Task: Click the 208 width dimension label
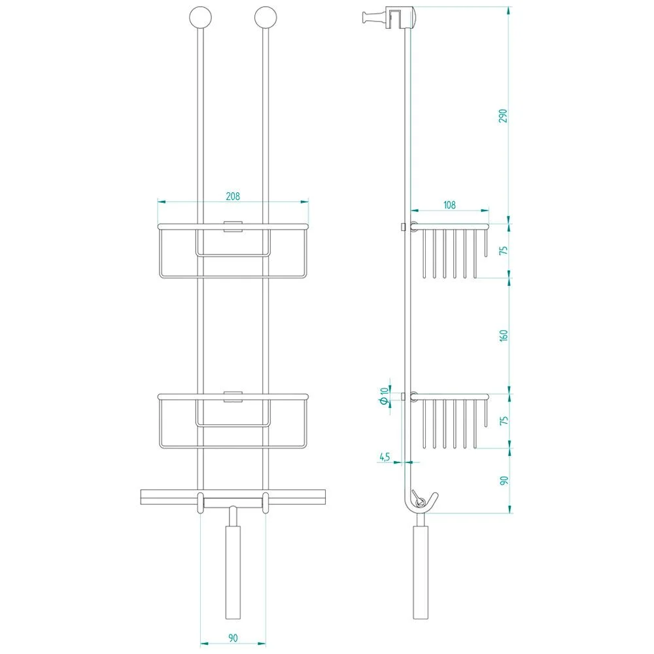coord(233,196)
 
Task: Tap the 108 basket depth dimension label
coord(449,205)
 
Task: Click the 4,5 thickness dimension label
coord(384,457)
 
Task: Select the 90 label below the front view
coord(233,636)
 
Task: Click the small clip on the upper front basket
coord(233,228)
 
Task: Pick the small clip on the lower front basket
coord(233,396)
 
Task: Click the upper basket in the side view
coord(451,249)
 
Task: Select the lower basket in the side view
coord(451,419)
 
